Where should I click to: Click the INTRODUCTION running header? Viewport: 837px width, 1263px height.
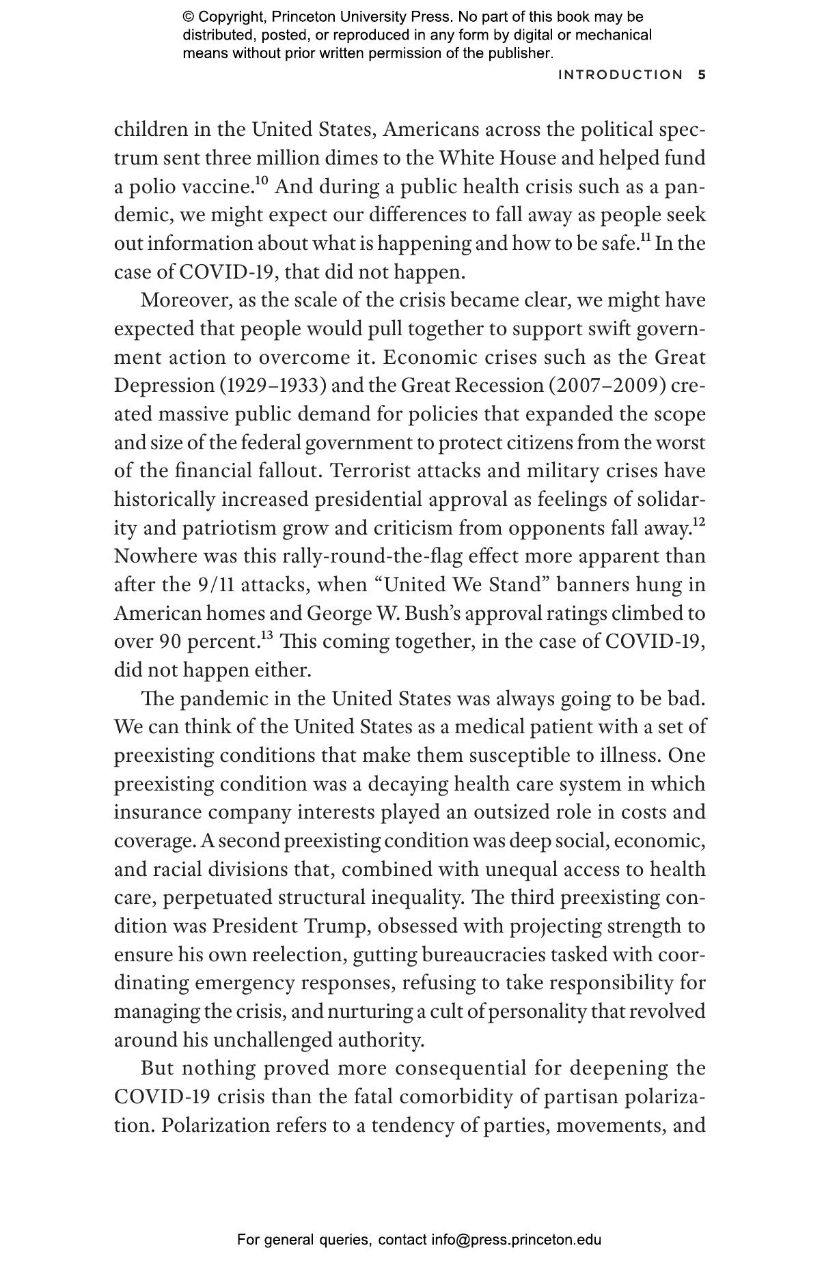coord(620,75)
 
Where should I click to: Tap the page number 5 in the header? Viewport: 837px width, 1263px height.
coord(702,75)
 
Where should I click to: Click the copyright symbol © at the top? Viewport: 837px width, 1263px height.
coord(188,17)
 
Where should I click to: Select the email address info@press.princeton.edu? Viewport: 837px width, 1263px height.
coord(516,1240)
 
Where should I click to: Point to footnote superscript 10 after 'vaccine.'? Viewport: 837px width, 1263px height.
coord(262,181)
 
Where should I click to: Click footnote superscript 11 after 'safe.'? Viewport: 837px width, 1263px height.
coord(644,238)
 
